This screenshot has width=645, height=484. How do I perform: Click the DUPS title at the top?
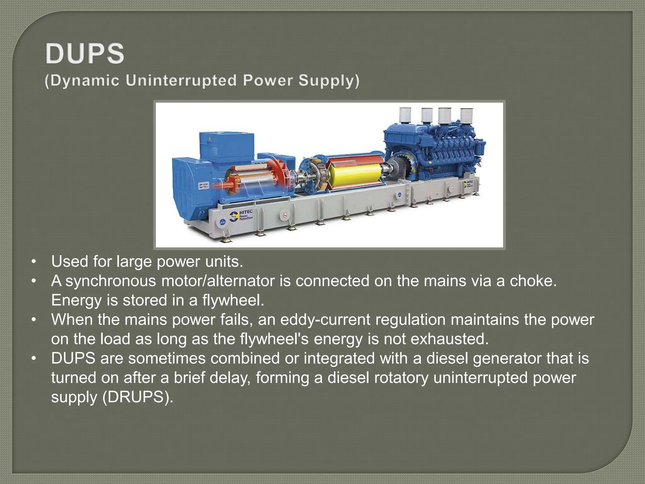pyautogui.click(x=85, y=54)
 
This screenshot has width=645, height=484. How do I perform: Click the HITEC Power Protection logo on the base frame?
pyautogui.click(x=241, y=216)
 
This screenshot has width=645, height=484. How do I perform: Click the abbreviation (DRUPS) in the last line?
pyautogui.click(x=138, y=397)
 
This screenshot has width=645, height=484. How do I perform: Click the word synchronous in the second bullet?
pyautogui.click(x=110, y=281)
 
